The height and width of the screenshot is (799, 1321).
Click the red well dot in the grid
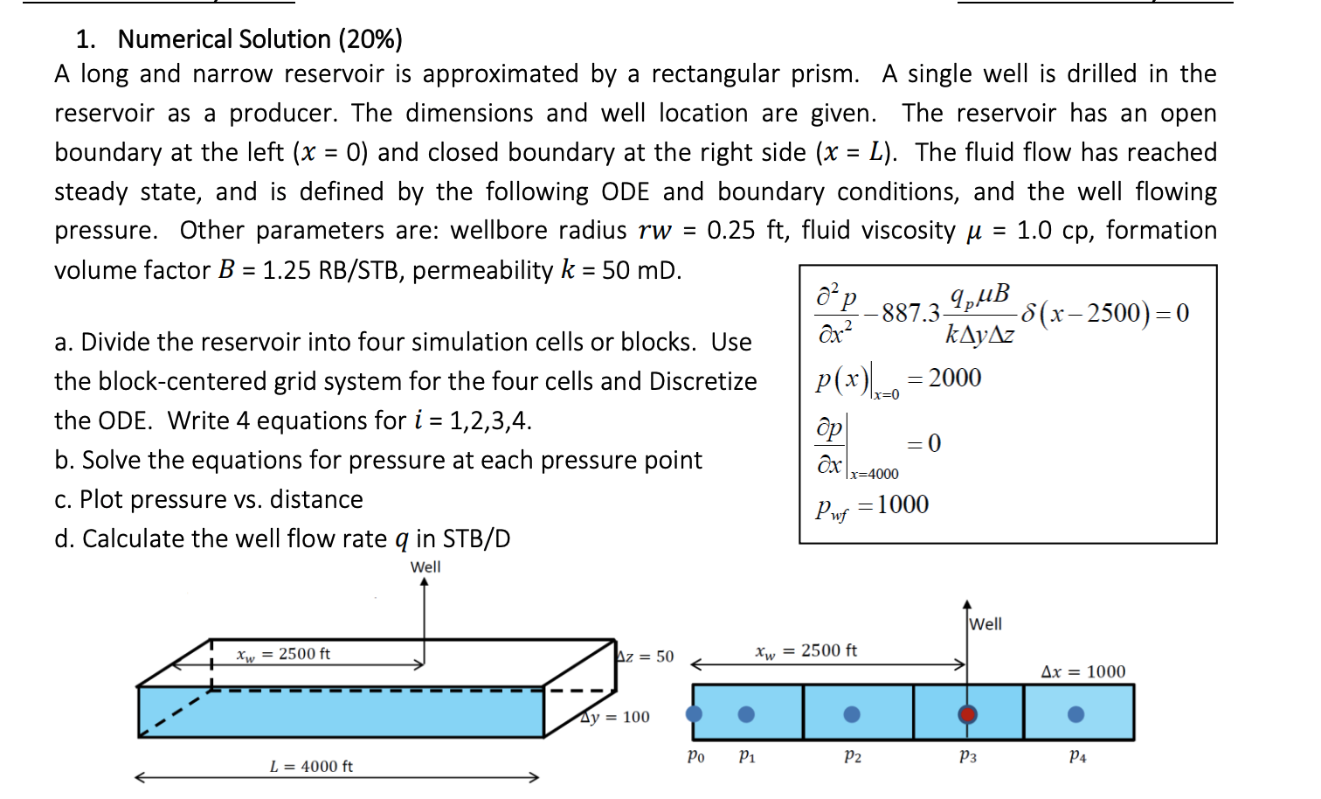(967, 714)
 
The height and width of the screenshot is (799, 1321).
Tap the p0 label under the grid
(695, 756)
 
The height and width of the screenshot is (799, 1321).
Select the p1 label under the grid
(747, 756)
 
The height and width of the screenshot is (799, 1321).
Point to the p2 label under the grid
(853, 756)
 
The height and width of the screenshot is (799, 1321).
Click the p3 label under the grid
(968, 756)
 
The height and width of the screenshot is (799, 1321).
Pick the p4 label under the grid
(1078, 756)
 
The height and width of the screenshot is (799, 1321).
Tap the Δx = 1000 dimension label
(1083, 671)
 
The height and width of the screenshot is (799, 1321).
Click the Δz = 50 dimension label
(646, 656)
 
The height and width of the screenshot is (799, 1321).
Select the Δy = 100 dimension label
(616, 717)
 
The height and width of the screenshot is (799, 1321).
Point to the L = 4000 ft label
(311, 767)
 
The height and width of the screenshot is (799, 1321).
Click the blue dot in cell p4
(1076, 714)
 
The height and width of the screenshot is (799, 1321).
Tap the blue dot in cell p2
(852, 714)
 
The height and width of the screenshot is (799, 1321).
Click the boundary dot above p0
(695, 714)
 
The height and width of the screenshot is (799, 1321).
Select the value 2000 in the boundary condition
(955, 378)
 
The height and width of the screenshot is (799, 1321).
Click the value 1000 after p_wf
(903, 504)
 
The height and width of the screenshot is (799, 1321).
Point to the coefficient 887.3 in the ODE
(910, 313)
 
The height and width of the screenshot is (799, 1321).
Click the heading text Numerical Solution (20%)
(259, 39)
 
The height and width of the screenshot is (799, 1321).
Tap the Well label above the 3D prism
(425, 566)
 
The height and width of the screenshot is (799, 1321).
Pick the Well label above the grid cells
(986, 624)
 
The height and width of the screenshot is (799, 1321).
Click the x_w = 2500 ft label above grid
(806, 651)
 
